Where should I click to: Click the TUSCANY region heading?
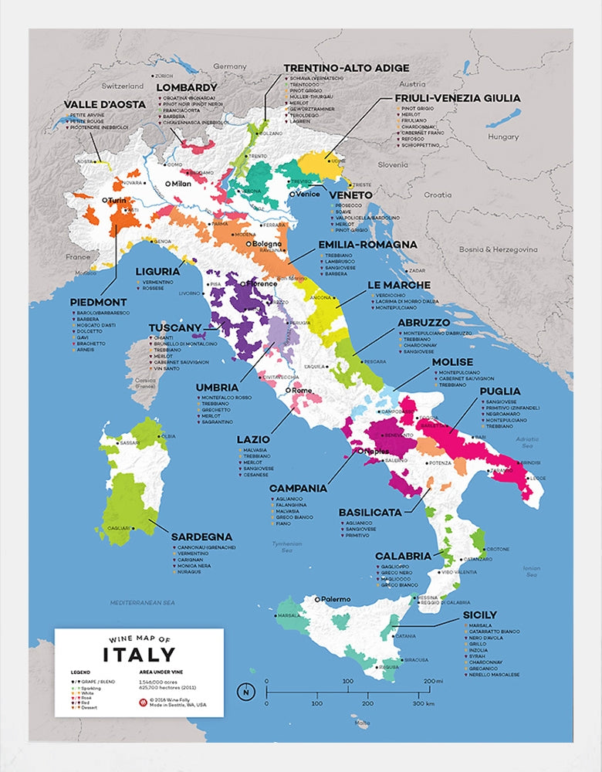pyautogui.click(x=174, y=327)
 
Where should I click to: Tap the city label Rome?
pyautogui.click(x=301, y=391)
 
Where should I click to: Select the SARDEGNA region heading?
pyautogui.click(x=201, y=537)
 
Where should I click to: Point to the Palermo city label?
pyautogui.click(x=336, y=599)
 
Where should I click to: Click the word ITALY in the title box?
pyautogui.click(x=139, y=655)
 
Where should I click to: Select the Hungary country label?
pyautogui.click(x=503, y=137)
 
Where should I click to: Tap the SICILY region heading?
pyautogui.click(x=480, y=615)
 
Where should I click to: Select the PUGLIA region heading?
pyautogui.click(x=500, y=391)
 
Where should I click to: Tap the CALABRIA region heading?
pyautogui.click(x=403, y=556)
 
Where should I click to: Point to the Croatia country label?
pyautogui.click(x=438, y=195)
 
